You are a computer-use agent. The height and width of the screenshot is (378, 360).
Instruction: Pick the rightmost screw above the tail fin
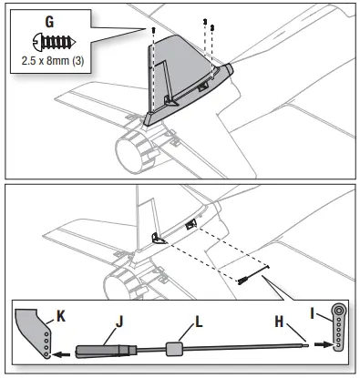pos(212,27)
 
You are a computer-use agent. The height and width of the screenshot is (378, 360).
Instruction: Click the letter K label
pos(60,316)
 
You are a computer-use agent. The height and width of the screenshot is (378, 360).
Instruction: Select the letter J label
pos(117,319)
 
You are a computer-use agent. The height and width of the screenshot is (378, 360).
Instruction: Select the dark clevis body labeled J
pos(101,349)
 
